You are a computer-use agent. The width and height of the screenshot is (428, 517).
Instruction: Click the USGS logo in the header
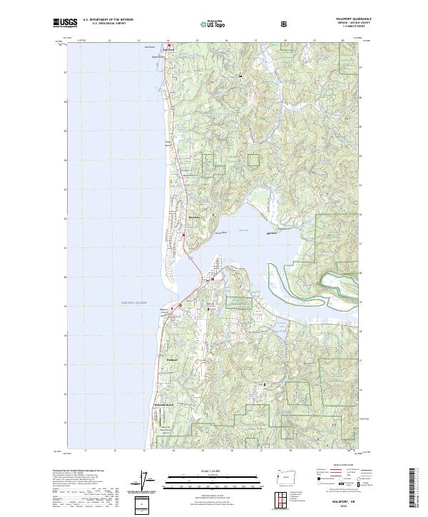(x=65, y=23)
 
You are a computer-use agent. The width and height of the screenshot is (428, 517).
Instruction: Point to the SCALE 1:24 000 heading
(x=198, y=469)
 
